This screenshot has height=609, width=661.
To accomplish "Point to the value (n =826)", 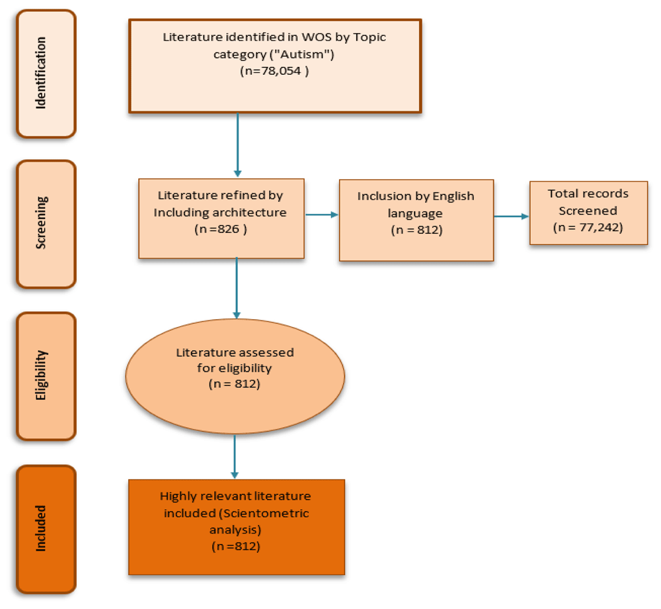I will pyautogui.click(x=221, y=229).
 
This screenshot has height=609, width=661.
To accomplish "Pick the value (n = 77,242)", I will pyautogui.click(x=588, y=227).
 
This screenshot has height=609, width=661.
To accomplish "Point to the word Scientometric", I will pyautogui.click(x=274, y=513).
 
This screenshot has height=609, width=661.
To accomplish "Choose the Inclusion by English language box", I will pyautogui.click(x=416, y=220).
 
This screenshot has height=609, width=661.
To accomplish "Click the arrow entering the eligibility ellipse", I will pyautogui.click(x=236, y=288).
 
